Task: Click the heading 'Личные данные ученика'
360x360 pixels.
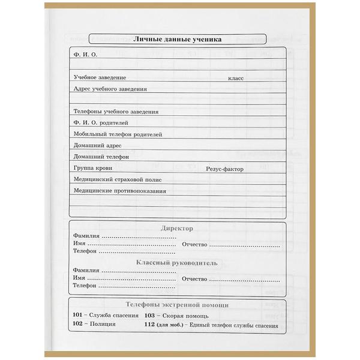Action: [x=177, y=39]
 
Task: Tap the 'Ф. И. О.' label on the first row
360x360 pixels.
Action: [x=85, y=55]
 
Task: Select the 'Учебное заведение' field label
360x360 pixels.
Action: [x=100, y=77]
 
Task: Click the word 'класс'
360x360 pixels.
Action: [x=235, y=78]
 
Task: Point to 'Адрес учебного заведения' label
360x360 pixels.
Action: [x=110, y=89]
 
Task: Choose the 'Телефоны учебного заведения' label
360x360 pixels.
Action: [x=116, y=112]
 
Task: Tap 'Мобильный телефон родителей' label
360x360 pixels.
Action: [x=118, y=134]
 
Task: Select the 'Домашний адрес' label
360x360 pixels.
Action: [x=97, y=146]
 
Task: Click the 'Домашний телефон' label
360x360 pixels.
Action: [x=101, y=157]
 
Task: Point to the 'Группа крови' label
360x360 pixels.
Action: [x=92, y=169]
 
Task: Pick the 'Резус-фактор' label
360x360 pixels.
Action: [x=224, y=169]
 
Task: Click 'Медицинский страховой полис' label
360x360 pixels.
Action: [x=117, y=179]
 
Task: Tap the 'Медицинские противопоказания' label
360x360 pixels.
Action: [x=119, y=191]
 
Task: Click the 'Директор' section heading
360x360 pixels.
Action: [x=178, y=229]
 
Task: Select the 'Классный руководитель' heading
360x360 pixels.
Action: [x=177, y=263]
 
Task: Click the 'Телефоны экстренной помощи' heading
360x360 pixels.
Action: [x=177, y=305]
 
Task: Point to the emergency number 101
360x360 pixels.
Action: [x=77, y=316]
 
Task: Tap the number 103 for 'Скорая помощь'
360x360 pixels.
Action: [x=150, y=316]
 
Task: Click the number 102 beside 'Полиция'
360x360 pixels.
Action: [x=77, y=325]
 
